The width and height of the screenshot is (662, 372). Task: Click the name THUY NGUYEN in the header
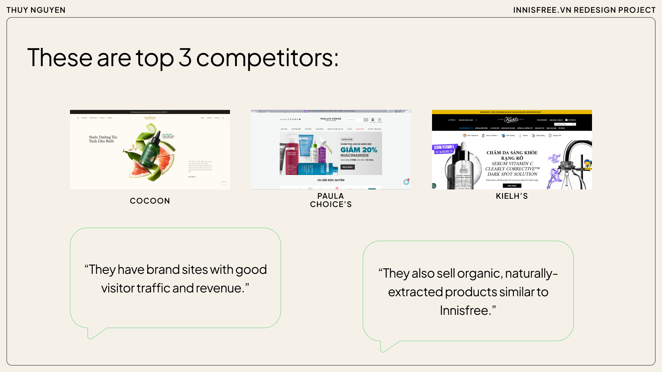click(36, 10)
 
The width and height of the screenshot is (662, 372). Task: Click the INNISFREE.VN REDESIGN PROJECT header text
click(584, 10)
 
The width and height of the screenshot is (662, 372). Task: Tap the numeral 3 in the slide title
click(185, 57)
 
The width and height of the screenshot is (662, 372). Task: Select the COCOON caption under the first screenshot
click(150, 201)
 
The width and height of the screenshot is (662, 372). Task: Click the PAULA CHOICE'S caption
click(331, 200)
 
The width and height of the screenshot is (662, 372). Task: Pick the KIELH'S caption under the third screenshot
click(512, 196)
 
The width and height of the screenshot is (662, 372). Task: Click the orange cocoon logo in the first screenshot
click(150, 118)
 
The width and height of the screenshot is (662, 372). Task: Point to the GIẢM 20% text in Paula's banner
click(359, 150)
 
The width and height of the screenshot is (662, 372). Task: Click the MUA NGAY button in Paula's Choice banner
click(348, 167)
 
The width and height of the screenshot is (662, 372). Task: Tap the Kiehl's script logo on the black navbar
click(511, 120)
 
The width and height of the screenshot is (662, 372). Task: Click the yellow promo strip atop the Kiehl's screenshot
click(512, 112)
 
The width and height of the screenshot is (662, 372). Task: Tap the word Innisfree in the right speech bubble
click(464, 311)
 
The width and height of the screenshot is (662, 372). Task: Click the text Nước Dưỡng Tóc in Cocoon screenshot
click(103, 137)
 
